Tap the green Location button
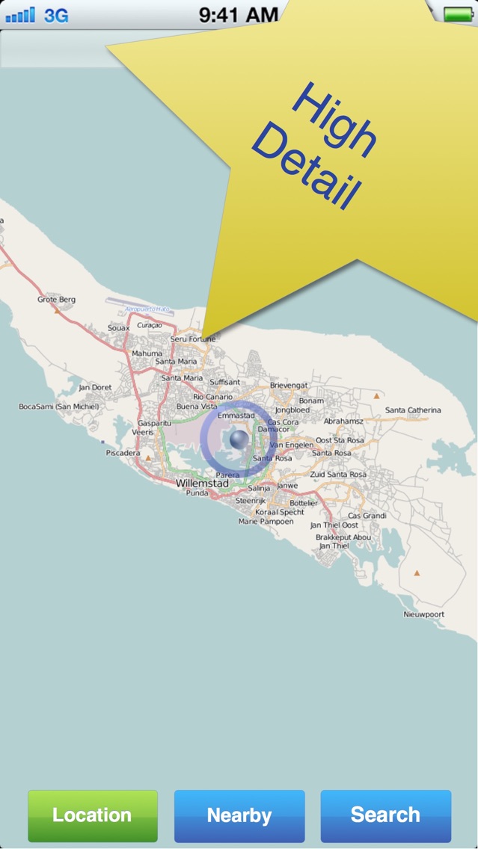pos(93,815)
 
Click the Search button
pos(385,815)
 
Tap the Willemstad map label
pos(202,484)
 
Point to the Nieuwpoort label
pos(423,614)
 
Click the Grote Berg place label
pos(57,300)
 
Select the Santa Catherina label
pos(413,410)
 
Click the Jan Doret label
pos(95,387)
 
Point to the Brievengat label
pos(289,385)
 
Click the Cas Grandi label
pos(367,516)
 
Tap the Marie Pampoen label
pos(266,522)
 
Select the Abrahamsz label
pos(343,421)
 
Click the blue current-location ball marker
pos(239,440)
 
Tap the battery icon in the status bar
pos(456,14)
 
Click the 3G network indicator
pos(56,15)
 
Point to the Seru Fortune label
pos(193,339)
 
